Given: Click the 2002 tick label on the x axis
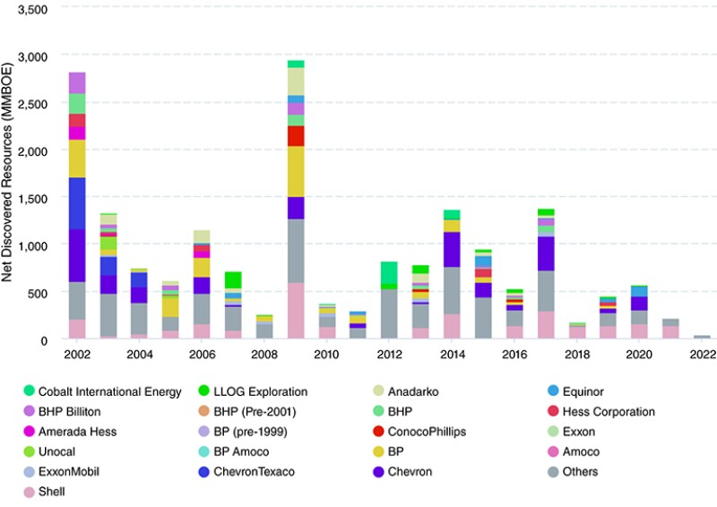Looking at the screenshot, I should (x=77, y=355).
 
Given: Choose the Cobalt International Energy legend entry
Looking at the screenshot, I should (x=101, y=391).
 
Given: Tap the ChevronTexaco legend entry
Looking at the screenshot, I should (x=254, y=471).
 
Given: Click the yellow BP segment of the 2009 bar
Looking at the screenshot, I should (x=295, y=171).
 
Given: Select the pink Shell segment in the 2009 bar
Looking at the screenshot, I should (x=295, y=310).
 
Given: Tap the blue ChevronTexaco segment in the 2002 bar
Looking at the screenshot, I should (x=77, y=203).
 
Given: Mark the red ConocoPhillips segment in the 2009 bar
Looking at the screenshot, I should (x=295, y=135).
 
